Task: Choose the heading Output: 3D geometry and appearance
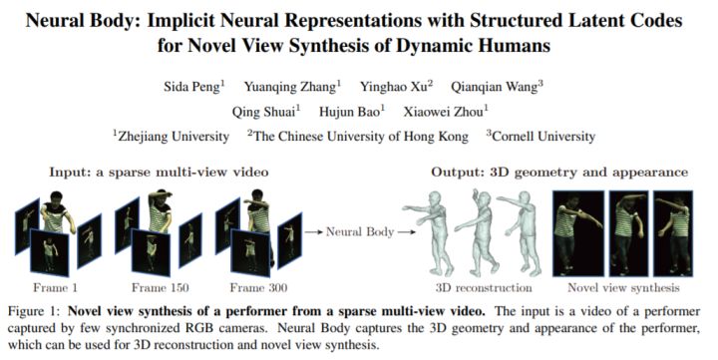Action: pyautogui.click(x=558, y=173)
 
